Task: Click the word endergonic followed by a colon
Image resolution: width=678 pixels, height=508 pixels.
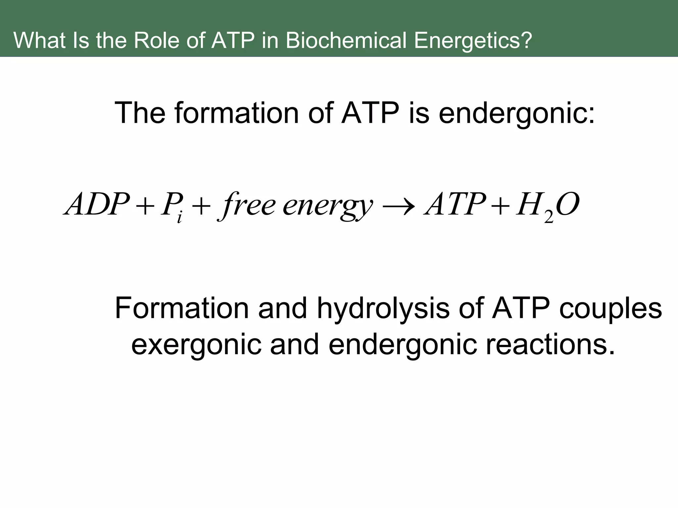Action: click(x=516, y=113)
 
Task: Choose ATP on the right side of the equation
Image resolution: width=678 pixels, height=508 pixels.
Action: click(x=455, y=204)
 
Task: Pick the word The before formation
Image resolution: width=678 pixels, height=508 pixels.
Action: click(x=139, y=113)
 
